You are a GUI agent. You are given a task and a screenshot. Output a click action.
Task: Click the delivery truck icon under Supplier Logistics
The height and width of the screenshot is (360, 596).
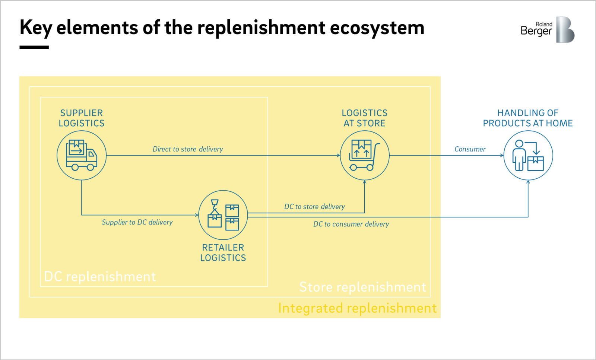pos(82,155)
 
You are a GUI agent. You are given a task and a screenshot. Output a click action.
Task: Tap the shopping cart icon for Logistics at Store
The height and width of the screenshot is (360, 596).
pos(364,155)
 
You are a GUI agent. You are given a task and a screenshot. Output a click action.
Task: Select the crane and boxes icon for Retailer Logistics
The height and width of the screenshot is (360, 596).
pos(223,215)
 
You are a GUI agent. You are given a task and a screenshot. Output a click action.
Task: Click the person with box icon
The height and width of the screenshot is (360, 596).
pos(528,156)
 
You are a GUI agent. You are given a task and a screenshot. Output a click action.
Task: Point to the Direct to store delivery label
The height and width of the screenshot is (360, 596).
pos(188,149)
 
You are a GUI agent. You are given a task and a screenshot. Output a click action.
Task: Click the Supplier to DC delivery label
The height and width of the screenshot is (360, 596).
pos(137,222)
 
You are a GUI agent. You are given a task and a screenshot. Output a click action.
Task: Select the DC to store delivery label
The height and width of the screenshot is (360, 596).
pos(314,207)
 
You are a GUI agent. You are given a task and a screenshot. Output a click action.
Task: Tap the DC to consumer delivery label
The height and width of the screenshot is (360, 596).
pos(351,224)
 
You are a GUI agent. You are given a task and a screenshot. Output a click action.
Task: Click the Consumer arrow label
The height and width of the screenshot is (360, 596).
pos(470,149)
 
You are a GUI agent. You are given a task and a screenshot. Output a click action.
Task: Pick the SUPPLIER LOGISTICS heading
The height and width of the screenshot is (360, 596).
pos(82,118)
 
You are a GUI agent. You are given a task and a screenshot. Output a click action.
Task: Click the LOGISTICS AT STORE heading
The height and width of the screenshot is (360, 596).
pos(364,118)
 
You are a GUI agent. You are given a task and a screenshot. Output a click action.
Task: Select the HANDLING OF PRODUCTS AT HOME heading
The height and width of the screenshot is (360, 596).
pos(527,118)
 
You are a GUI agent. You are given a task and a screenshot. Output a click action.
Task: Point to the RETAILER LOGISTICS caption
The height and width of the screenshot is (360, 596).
pos(223,253)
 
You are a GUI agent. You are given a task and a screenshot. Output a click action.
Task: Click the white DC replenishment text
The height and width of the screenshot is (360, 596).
pos(100,277)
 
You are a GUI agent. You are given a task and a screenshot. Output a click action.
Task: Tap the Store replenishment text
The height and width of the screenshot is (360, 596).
pos(362,287)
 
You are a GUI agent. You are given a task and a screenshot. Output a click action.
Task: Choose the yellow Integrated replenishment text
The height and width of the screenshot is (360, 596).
pos(357,308)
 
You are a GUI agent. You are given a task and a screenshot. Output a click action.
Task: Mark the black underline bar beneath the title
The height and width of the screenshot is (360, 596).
pos(34,47)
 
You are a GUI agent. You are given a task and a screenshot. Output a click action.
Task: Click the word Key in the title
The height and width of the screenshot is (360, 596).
pos(36,28)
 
